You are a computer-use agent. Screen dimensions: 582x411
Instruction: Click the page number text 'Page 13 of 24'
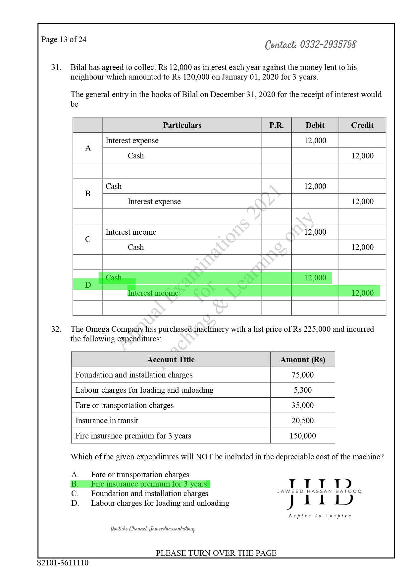click(64, 39)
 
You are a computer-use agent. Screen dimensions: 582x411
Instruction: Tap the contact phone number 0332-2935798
click(328, 44)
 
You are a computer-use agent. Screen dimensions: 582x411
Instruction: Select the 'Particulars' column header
click(182, 125)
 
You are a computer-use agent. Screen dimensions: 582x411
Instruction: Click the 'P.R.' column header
click(276, 125)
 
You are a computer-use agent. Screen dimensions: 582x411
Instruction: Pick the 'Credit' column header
click(362, 125)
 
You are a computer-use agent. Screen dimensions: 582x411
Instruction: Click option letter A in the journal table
click(88, 148)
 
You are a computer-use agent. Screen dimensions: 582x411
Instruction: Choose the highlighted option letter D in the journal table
click(88, 285)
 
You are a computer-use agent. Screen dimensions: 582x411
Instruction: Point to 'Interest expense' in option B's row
click(154, 202)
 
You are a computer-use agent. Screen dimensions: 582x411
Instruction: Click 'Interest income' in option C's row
click(131, 232)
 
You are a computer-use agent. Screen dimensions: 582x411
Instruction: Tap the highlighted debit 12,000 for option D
click(315, 278)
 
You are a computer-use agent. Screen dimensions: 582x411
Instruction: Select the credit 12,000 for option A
click(362, 156)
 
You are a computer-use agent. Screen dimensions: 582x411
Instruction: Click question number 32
click(56, 329)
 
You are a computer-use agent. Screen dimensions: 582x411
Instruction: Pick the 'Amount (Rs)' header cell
click(302, 360)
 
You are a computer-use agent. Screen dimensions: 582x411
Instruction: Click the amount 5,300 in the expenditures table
click(302, 390)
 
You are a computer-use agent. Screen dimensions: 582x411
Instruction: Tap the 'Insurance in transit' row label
click(107, 421)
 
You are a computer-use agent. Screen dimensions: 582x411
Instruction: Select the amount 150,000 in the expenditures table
click(302, 436)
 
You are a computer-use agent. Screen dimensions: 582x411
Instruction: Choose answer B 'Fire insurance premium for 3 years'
click(149, 484)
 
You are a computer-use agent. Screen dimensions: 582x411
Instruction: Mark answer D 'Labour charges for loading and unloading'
click(160, 503)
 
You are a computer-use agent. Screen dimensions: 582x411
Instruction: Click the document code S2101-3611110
click(63, 563)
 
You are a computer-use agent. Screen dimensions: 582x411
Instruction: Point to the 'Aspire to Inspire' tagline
click(320, 516)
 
